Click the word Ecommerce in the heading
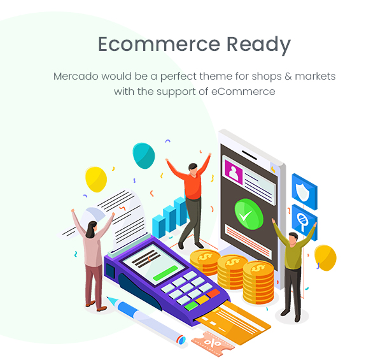tap(159, 44)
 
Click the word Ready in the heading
tap(258, 45)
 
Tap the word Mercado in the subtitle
tap(76, 76)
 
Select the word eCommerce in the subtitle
tap(243, 91)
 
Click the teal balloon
tap(144, 155)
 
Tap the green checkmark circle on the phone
tap(249, 214)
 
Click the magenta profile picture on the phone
tap(234, 172)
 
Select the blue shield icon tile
tap(304, 192)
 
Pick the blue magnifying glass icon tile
tap(304, 222)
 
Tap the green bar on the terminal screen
tap(165, 273)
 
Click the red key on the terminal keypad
tap(213, 293)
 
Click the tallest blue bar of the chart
tap(180, 210)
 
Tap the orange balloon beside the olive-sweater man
tap(325, 258)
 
